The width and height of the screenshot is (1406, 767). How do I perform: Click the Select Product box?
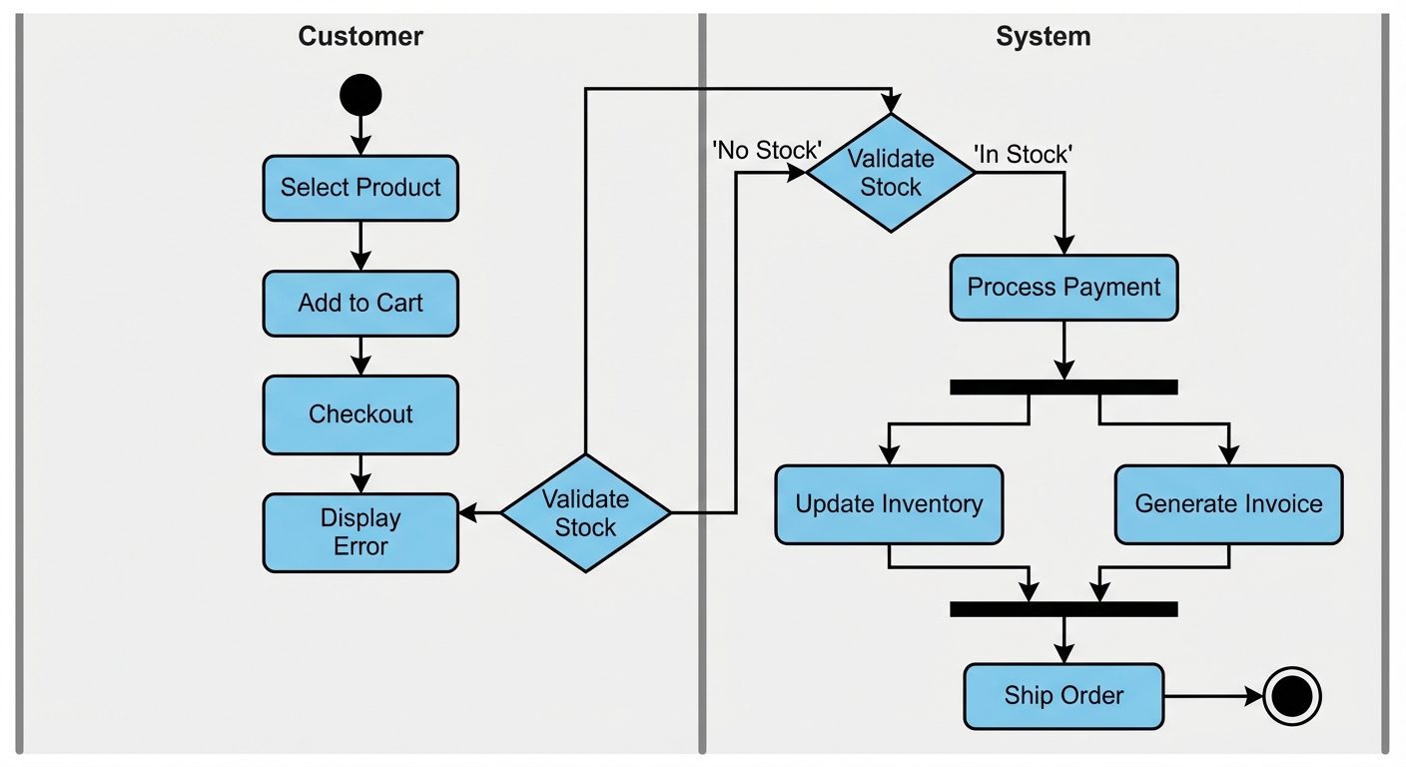(x=360, y=188)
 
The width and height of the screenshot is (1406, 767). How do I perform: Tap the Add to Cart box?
(x=360, y=304)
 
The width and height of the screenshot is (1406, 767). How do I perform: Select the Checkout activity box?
(x=360, y=414)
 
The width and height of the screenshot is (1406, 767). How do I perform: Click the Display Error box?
(x=360, y=532)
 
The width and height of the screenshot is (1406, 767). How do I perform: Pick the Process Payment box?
(x=1063, y=288)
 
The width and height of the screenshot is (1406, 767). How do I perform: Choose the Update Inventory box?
(x=889, y=504)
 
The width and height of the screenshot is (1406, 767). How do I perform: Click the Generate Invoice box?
(x=1228, y=504)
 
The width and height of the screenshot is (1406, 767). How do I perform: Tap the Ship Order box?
(x=1063, y=696)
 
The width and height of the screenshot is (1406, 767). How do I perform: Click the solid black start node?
(x=360, y=96)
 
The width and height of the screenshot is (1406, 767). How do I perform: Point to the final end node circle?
(x=1292, y=696)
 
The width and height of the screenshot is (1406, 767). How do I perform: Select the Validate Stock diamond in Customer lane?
(x=585, y=513)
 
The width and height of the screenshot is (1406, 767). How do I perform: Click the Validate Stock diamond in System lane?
(x=891, y=173)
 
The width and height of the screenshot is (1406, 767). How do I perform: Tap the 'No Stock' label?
(x=766, y=151)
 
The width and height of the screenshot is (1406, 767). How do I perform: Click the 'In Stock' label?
(x=1023, y=154)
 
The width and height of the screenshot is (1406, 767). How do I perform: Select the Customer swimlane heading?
(x=360, y=37)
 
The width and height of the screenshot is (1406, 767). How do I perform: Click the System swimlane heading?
(x=1044, y=37)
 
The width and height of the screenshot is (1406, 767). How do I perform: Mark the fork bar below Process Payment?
(x=1063, y=387)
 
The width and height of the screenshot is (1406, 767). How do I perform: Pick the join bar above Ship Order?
(x=1063, y=608)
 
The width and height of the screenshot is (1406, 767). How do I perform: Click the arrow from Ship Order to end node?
(x=1212, y=696)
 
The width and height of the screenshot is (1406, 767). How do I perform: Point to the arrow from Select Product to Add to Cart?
(x=360, y=246)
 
